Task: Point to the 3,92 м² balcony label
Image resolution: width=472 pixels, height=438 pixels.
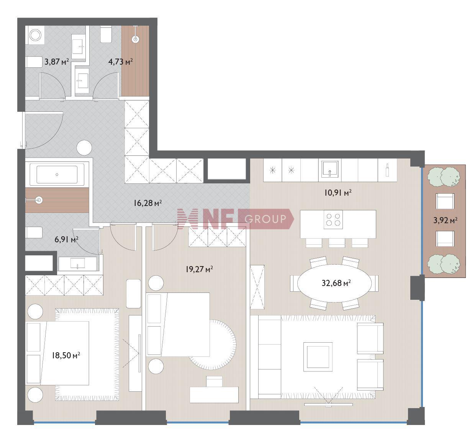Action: tap(445, 220)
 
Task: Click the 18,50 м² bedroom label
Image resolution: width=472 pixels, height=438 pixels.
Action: tap(66, 355)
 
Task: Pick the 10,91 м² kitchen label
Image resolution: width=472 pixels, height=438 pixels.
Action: tap(338, 193)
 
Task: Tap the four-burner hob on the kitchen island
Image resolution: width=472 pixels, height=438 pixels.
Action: tap(333, 220)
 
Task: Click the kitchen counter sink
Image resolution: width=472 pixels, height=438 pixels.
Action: tap(329, 169)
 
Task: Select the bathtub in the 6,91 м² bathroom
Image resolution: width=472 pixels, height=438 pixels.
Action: tap(57, 175)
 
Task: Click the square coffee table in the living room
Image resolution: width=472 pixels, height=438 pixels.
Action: tap(318, 356)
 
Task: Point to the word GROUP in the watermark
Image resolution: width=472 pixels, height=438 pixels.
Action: tap(265, 219)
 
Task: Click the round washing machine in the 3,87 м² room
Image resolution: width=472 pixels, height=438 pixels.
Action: tap(35, 35)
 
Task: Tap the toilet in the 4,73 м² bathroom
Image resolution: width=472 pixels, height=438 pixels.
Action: tap(106, 34)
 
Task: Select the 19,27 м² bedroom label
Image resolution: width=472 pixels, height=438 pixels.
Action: tap(199, 269)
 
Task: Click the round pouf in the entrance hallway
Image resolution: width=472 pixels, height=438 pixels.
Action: tap(84, 148)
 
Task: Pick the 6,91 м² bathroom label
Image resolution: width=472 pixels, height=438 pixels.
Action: tap(66, 239)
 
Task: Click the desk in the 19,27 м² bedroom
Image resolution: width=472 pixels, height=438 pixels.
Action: tap(214, 395)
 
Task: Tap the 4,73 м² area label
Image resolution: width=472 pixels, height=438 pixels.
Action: tap(121, 62)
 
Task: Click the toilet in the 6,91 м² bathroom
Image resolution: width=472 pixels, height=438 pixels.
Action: tap(34, 232)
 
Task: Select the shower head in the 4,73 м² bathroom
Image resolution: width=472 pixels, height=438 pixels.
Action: tap(135, 39)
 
